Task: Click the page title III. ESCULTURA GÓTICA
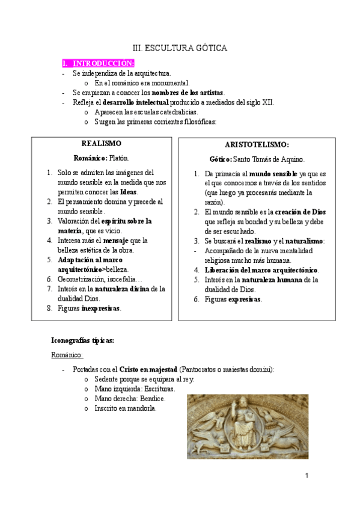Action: [x=180, y=48]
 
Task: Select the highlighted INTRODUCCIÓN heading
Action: [x=103, y=63]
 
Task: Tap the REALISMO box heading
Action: [x=101, y=144]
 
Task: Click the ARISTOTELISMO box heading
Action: [x=257, y=145]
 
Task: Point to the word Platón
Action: [x=119, y=158]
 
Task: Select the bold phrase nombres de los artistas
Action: [x=188, y=93]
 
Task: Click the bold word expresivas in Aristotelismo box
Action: [x=245, y=299]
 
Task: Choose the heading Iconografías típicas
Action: [x=83, y=340]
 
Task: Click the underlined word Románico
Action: [x=67, y=355]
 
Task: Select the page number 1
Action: [x=306, y=476]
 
